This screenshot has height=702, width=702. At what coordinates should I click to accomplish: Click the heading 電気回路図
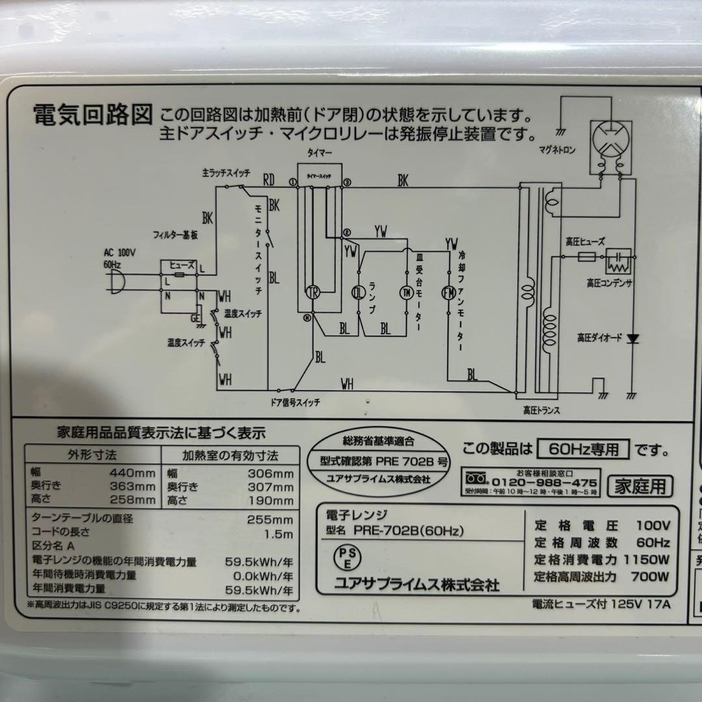click(x=92, y=116)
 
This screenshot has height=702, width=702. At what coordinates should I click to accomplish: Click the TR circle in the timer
click(x=311, y=291)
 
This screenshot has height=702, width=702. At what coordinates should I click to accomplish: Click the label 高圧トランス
click(x=541, y=410)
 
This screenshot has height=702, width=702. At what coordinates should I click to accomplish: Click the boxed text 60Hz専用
click(x=584, y=449)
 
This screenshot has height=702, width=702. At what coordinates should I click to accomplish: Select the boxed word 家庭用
click(x=640, y=485)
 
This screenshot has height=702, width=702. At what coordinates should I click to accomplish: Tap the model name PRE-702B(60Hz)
click(x=409, y=530)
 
